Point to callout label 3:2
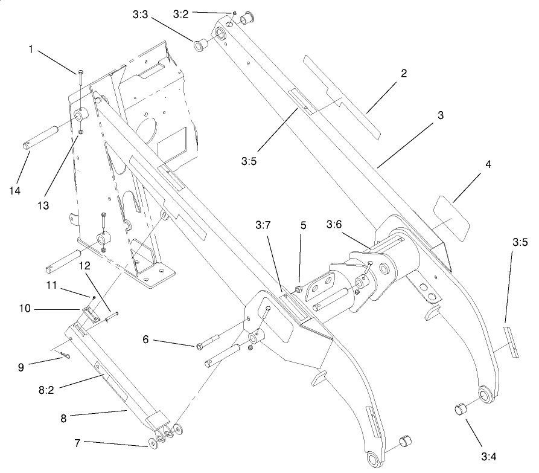coord(181,13)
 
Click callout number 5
coord(304,225)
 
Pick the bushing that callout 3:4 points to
coord(461,411)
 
